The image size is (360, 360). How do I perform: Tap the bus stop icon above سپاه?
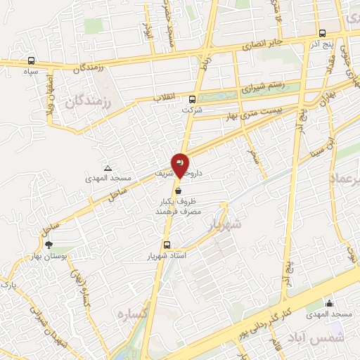31,61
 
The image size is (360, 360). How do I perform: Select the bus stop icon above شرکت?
193,99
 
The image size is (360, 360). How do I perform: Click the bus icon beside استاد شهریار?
167,245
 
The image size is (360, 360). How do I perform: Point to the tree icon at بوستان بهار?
49,244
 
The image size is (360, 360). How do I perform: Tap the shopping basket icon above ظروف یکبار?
179,190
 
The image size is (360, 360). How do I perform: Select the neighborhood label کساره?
131,313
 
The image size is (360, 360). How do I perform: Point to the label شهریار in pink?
226,224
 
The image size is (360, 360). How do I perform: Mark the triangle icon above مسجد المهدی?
108,168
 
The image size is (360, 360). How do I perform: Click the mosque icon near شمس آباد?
328,303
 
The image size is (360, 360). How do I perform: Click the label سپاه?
30,71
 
